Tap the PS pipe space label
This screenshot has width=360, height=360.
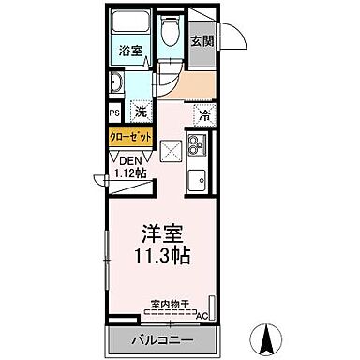[113, 112]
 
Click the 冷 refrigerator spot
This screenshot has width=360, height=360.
[203, 115]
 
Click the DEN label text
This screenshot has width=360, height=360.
[125, 159]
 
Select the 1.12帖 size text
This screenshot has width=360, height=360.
[129, 172]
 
